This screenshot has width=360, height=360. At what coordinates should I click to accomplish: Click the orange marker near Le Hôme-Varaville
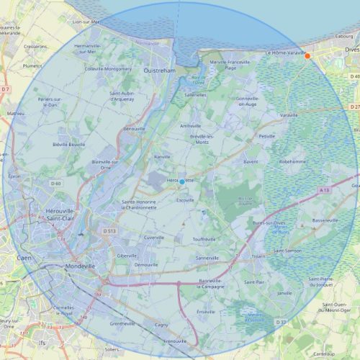[307, 55]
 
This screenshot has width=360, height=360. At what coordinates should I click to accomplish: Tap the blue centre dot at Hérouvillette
[182, 181]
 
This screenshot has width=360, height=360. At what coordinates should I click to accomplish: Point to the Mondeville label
[80, 266]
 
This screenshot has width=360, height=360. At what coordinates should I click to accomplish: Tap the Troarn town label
[259, 256]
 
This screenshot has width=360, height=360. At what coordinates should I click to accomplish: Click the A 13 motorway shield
[324, 190]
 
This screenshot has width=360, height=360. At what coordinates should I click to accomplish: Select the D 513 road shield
[109, 231]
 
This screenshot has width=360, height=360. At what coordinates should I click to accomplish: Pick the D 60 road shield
[56, 184]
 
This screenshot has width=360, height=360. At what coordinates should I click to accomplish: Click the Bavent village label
[251, 161]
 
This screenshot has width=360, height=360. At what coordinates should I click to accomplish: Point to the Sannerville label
[207, 257]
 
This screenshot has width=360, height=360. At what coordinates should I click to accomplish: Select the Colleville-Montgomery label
[108, 69]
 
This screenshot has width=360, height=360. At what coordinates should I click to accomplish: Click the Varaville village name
[289, 114]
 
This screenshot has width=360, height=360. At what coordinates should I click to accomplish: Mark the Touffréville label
[204, 239]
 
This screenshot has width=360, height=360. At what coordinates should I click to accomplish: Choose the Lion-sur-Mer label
[86, 22]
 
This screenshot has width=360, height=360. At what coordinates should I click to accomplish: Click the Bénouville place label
[134, 128]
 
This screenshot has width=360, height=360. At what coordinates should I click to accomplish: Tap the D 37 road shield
[280, 322]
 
